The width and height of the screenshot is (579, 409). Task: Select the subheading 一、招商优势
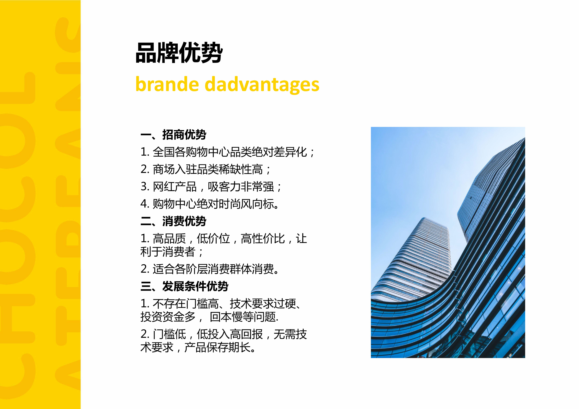[x=173, y=135]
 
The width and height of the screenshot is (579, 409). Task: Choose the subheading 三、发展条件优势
[x=184, y=286]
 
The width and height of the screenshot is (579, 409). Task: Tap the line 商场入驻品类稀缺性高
[x=205, y=169]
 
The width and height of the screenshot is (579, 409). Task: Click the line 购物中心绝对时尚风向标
[x=210, y=204]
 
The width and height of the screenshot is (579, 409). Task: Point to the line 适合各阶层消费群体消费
[x=210, y=269]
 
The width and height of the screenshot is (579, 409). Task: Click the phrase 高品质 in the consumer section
[x=169, y=239]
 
